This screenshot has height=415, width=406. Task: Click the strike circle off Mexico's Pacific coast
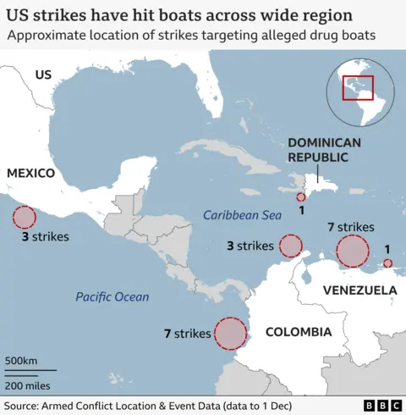pos(24,218)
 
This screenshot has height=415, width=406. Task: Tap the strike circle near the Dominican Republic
pos(301,196)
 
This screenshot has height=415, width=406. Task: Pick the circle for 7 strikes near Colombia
pos(230,333)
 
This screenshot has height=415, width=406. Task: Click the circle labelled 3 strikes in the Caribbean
pos(291,246)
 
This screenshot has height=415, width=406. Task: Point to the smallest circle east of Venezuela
pos(387,264)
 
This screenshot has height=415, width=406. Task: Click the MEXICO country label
pos(30,173)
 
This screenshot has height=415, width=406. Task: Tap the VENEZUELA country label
pos(359,290)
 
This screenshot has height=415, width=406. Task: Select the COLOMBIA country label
pos(299,332)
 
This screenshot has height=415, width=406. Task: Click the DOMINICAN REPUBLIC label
pos(324,150)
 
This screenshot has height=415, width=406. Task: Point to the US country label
pos(43,75)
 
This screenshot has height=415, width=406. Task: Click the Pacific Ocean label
pos(112,296)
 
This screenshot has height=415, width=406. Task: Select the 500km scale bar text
pos(22,361)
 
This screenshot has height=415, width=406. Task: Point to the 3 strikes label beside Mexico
pos(46,237)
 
